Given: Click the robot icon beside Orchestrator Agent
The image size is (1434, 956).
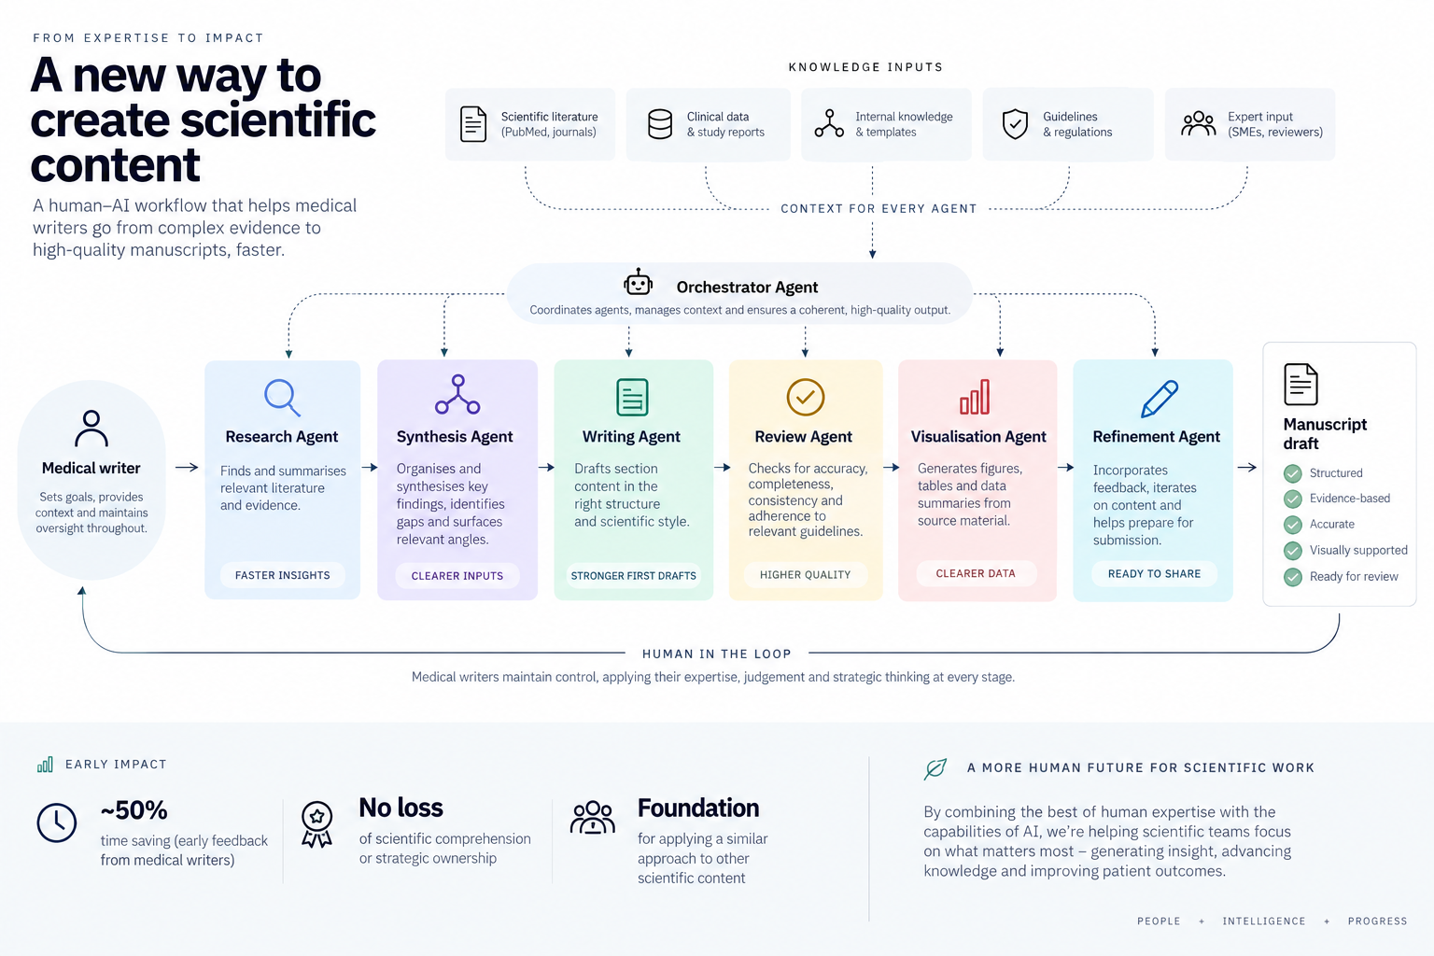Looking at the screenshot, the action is (639, 282).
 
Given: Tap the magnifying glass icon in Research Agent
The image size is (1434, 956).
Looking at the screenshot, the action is (282, 397).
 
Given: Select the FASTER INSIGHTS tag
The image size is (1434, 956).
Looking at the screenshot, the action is (282, 575).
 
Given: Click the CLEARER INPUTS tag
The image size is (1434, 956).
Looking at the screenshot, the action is (457, 576).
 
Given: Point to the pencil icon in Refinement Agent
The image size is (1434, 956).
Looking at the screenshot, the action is (1160, 399).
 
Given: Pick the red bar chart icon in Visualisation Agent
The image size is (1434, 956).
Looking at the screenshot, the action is (975, 397).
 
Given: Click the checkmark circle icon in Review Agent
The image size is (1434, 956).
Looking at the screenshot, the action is (806, 397).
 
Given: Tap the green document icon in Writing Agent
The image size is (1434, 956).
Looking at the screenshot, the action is (632, 397).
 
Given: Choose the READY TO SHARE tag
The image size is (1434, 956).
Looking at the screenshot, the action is (1154, 574).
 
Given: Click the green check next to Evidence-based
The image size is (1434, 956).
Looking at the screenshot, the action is (1292, 499).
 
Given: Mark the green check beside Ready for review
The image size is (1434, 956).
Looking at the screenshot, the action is (1292, 577).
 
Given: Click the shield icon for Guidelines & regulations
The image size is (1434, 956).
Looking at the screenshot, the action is (1015, 123).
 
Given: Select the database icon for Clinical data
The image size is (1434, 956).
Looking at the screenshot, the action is (659, 124).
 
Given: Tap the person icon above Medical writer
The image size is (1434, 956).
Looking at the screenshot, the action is (91, 428).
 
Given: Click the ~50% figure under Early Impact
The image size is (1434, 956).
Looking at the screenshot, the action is (134, 810).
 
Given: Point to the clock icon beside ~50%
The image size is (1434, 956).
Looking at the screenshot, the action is (56, 822).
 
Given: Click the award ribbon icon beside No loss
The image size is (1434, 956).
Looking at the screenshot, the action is (316, 824).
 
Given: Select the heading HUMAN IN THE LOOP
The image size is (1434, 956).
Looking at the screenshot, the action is (716, 654).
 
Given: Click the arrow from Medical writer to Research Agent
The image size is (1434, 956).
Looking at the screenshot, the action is (187, 468).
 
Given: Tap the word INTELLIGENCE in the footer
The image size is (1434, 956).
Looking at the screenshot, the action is (1264, 921).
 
